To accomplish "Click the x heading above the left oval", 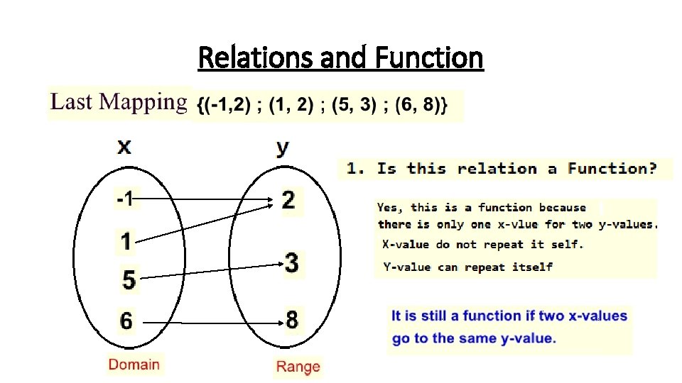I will (124, 147).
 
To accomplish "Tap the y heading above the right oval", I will (283, 148).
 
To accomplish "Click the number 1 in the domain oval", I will (126, 242).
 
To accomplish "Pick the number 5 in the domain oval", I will (129, 279).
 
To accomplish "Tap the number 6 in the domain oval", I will (126, 321).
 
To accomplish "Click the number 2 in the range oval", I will (288, 200).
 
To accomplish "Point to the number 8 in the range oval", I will (292, 320).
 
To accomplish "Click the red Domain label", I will (134, 365).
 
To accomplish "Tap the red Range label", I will (298, 367).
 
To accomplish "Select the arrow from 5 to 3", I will (213, 272).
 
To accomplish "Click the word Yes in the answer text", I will (388, 208).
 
